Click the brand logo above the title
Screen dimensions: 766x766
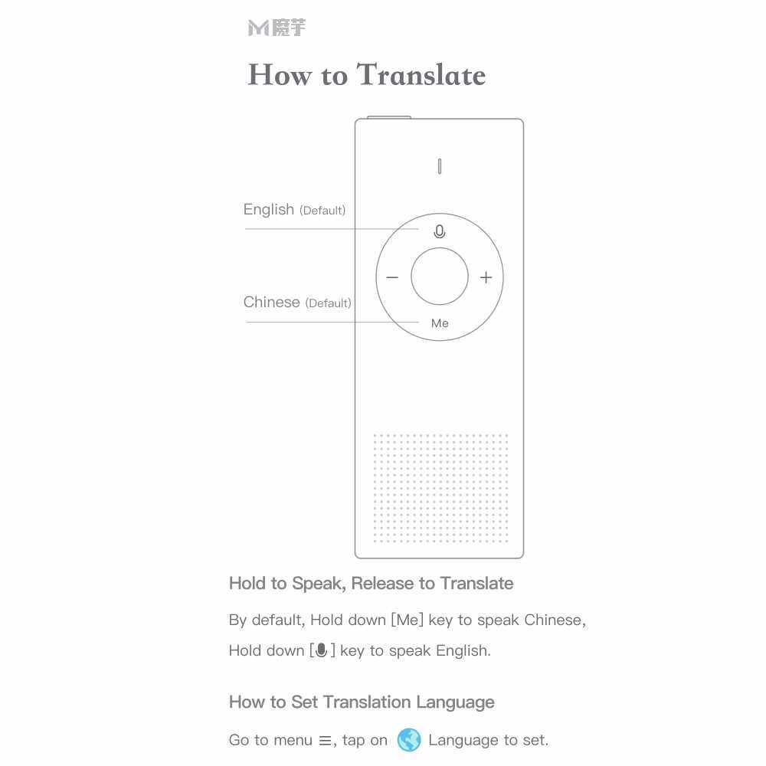[277, 28]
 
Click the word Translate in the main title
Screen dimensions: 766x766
[421, 75]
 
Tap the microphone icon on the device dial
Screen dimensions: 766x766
[439, 231]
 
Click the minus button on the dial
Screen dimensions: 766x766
[392, 277]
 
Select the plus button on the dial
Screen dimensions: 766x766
[486, 277]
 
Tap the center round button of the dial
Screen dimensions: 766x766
[439, 277]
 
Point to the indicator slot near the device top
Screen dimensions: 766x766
[439, 166]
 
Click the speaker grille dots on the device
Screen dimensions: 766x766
[440, 488]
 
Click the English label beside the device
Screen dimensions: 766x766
[268, 209]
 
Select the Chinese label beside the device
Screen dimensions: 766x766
[271, 302]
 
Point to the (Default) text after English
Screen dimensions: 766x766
[322, 211]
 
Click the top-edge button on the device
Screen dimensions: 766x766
[389, 117]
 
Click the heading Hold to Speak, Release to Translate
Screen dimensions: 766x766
[371, 584]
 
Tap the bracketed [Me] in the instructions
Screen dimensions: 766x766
[407, 620]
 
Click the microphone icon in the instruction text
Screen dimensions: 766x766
[322, 650]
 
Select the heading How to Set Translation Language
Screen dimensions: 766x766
[362, 702]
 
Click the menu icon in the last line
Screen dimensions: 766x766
[325, 741]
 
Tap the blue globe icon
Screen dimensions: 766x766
[409, 740]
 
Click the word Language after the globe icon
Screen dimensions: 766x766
[463, 740]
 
